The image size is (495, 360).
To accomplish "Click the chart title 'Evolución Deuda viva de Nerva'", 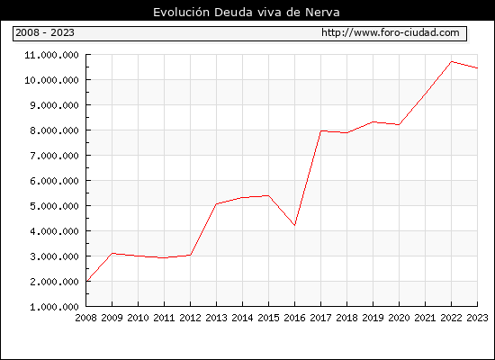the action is click(x=247, y=13).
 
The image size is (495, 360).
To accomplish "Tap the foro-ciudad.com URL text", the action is click(x=391, y=32).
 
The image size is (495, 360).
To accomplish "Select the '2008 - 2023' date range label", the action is click(x=45, y=32).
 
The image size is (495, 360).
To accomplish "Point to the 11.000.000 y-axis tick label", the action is click(x=52, y=55).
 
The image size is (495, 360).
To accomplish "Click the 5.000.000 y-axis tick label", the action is click(x=54, y=206).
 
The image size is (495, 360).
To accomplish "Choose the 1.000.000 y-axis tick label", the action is click(x=54, y=307).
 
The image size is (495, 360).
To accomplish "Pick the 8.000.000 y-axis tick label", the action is click(x=54, y=130).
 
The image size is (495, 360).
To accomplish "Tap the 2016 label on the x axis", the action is click(x=294, y=318).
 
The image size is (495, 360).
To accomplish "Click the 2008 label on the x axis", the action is click(x=85, y=318).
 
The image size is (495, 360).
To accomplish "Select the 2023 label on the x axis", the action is click(x=477, y=318).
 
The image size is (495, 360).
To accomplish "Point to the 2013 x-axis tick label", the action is click(x=216, y=318).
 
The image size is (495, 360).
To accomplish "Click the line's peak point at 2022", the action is click(x=452, y=61).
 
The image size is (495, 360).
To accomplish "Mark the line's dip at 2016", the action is click(x=294, y=225).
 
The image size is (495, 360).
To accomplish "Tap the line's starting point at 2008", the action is click(x=86, y=281).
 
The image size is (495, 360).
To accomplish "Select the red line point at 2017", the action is click(x=320, y=130).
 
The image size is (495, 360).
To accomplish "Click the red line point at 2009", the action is click(x=112, y=253).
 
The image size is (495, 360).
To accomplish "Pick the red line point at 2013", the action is click(x=216, y=204).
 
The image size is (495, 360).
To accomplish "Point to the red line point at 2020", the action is click(x=399, y=124).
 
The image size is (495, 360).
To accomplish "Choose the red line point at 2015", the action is click(x=268, y=196).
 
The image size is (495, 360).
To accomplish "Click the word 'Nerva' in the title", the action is click(x=322, y=13).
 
